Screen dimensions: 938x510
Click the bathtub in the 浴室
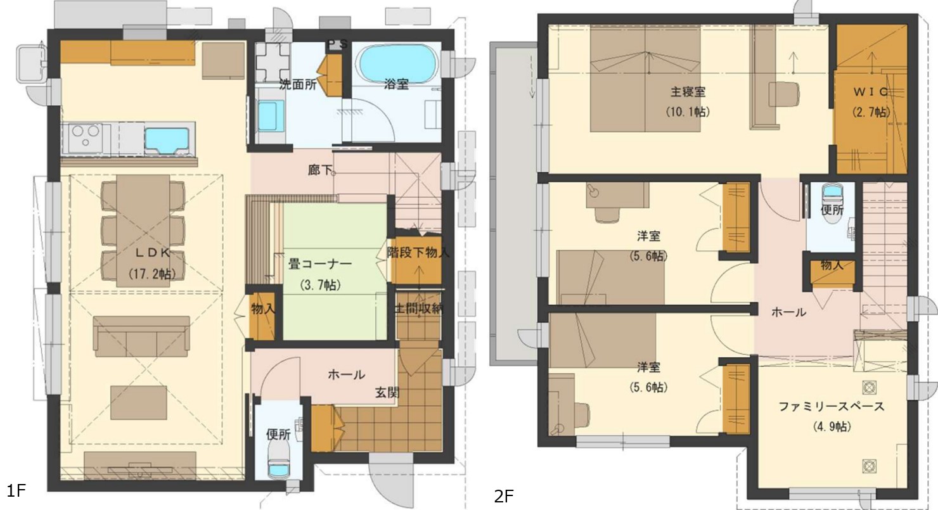coord(397,63)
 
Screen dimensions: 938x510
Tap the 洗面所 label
coord(298,85)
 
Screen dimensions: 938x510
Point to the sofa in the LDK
coord(142,336)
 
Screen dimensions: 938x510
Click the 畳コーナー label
coord(320,265)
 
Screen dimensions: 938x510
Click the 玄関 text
coord(387,393)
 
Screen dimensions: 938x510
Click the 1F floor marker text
coord(16,491)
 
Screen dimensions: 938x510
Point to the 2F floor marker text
coord(504,497)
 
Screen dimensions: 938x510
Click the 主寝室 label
coord(688,92)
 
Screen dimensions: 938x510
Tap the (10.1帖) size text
coord(688,112)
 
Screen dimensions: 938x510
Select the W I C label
coord(871,92)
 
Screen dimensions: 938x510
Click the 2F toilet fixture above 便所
coord(832,193)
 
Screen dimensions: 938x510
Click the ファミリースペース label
coord(832,407)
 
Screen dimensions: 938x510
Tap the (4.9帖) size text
coord(832,427)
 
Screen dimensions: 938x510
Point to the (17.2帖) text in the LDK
coord(152,274)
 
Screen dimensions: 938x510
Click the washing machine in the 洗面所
coord(273,61)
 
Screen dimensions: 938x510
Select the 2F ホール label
coord(788,312)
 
